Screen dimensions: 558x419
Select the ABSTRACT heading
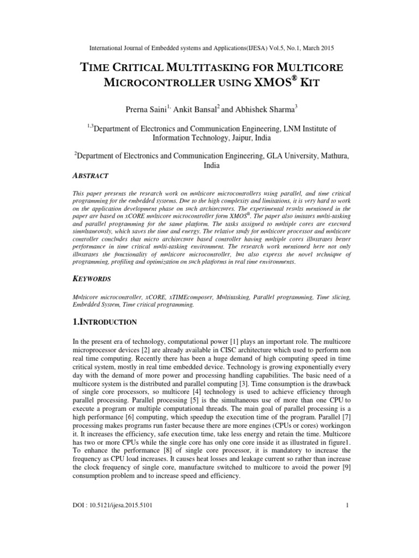point(91,175)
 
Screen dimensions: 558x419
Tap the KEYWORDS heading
point(92,279)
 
